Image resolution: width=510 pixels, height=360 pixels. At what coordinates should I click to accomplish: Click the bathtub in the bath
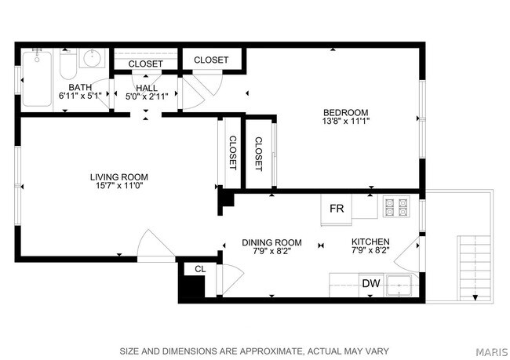pos(37,78)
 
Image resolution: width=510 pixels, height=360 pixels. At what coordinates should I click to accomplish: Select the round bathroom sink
pos(93,60)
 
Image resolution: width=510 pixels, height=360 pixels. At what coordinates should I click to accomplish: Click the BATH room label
pos(80,87)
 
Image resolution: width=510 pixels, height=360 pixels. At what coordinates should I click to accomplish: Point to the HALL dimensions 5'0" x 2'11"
pos(145,96)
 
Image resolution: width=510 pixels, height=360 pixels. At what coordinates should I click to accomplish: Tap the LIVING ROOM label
pos(118,177)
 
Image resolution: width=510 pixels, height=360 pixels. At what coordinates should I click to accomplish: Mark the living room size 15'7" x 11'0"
pos(118,187)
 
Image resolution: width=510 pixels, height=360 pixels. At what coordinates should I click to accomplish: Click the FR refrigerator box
pos(337,209)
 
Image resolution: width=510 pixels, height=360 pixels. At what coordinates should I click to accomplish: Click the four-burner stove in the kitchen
pos(396,206)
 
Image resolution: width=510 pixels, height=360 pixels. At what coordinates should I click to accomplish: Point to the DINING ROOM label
pos(271,242)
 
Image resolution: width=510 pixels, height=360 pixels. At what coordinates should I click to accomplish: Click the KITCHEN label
pos(370,242)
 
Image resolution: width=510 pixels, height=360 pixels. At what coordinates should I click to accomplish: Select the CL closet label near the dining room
pos(200,269)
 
